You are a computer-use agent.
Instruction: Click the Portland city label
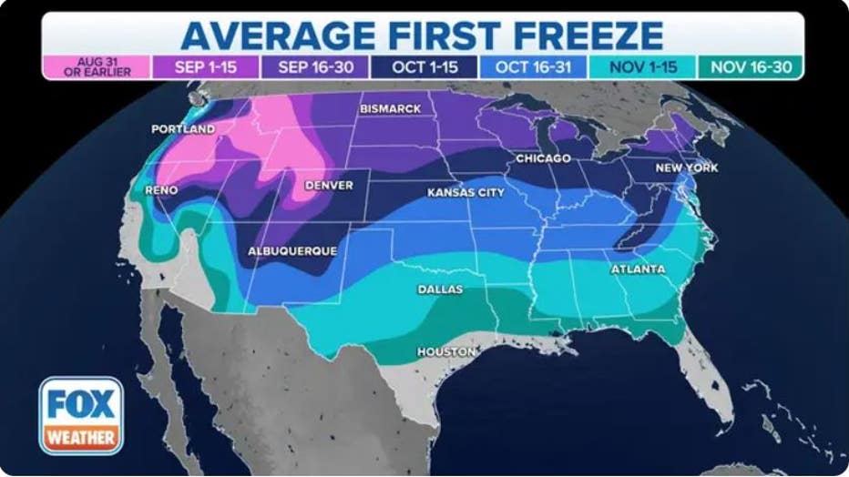[183, 129]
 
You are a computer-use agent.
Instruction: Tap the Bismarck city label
[391, 109]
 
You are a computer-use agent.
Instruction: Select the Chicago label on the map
[543, 158]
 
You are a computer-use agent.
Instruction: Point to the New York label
[687, 168]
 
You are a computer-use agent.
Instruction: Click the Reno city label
[161, 190]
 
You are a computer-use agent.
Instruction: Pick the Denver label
[329, 185]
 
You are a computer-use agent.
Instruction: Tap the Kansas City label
[465, 193]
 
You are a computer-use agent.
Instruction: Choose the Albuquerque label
[292, 250]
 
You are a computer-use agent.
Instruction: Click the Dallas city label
[440, 289]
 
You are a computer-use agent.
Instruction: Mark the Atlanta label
[638, 269]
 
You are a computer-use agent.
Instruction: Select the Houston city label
[446, 351]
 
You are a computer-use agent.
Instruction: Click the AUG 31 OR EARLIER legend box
[96, 67]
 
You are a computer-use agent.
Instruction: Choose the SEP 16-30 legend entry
[314, 67]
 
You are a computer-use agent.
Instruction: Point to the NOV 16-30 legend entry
[750, 67]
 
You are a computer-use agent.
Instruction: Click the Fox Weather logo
[81, 416]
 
